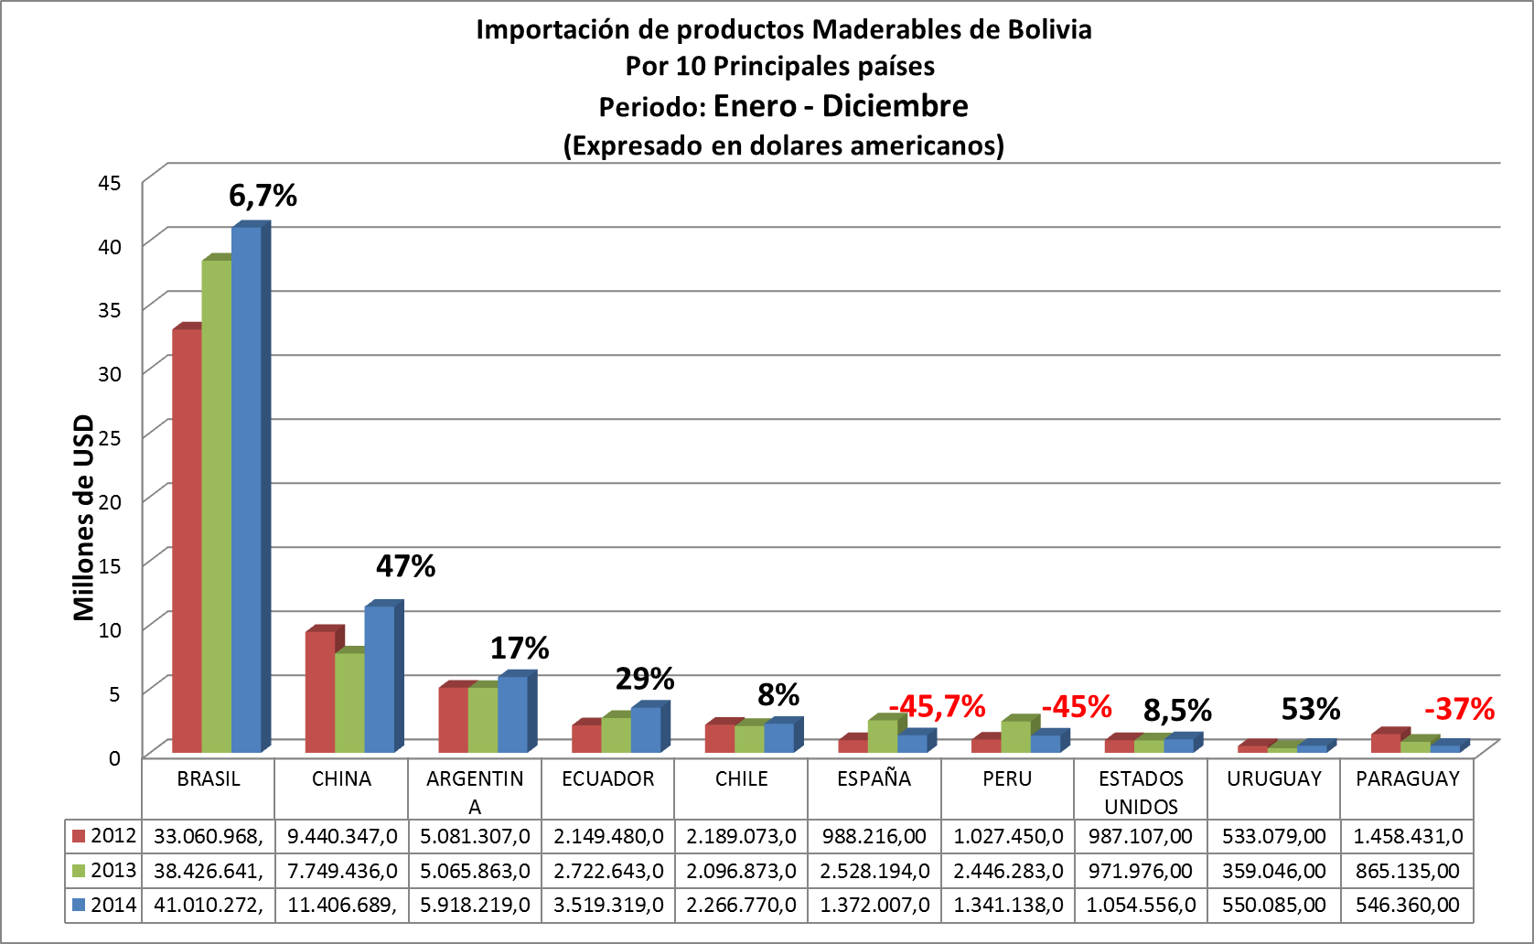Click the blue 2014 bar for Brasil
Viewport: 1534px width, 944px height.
pos(246,489)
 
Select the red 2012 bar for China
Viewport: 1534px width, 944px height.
pos(320,692)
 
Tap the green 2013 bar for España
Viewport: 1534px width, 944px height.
pos(882,736)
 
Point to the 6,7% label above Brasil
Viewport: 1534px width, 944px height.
pos(263,196)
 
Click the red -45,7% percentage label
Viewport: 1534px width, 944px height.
pos(938,706)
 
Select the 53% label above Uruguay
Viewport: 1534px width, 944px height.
pos(1310,709)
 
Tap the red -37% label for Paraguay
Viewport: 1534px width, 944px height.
pos(1459,709)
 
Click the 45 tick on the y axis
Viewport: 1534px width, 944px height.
pos(110,183)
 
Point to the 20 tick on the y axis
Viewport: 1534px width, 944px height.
pos(110,501)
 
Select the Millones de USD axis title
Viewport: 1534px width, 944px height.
pos(84,517)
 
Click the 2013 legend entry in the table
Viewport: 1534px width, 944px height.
pos(103,870)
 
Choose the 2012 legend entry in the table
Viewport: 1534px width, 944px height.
pos(103,835)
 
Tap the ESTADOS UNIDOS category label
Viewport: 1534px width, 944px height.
pos(1141,792)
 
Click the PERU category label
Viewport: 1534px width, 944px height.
pos(1007,778)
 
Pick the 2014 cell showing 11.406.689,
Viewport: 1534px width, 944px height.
pos(341,905)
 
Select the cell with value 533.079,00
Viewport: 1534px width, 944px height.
pos(1273,836)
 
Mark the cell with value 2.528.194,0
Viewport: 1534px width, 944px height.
pos(874,871)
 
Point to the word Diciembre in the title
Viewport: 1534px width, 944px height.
pos(895,106)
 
